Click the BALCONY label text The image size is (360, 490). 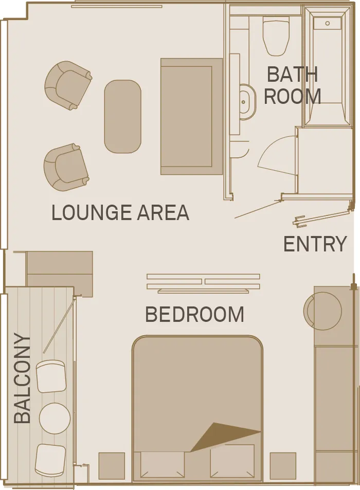(x=23, y=378)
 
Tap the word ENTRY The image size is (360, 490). (x=315, y=244)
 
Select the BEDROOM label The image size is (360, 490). (x=194, y=314)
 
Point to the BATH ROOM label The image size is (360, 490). (x=292, y=85)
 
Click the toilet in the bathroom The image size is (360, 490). (x=276, y=36)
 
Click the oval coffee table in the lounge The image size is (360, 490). (x=122, y=116)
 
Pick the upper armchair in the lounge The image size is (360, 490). (x=68, y=85)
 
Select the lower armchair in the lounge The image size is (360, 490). (x=65, y=167)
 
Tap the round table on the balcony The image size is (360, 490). (x=55, y=418)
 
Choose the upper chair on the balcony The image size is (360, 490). (x=51, y=377)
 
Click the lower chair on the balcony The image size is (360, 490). (x=50, y=460)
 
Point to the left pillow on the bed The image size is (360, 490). (x=163, y=464)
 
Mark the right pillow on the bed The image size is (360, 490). (x=232, y=461)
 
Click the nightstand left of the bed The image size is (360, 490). (x=112, y=466)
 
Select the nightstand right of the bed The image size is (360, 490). (x=283, y=466)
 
